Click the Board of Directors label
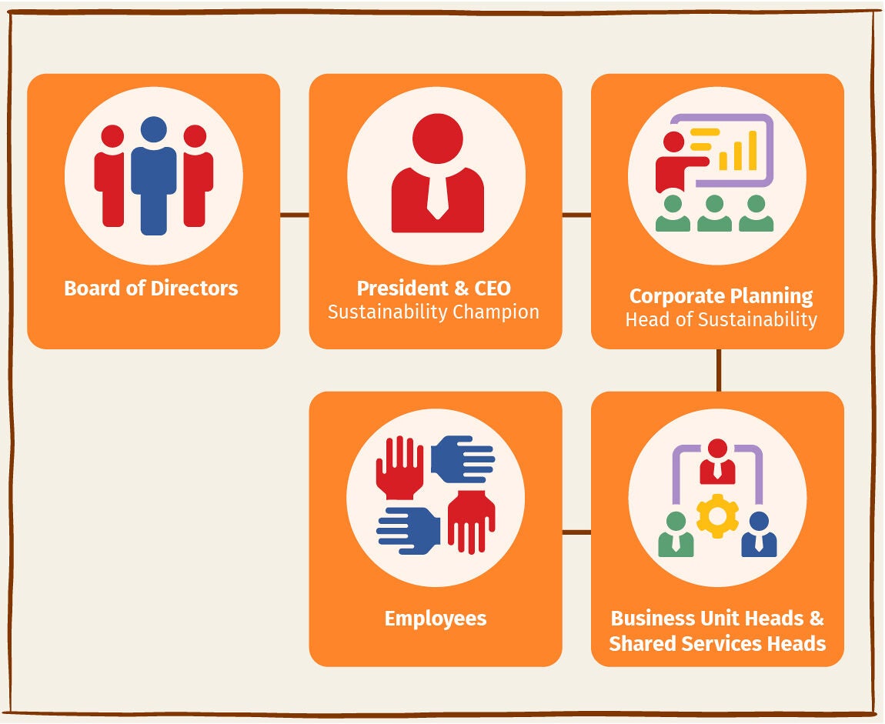[151, 289]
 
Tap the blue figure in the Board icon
[153, 175]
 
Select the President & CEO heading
[433, 289]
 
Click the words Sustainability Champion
[433, 312]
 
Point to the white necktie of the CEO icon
[437, 195]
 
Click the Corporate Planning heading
[721, 296]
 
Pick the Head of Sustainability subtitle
[721, 319]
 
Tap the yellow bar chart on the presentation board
[737, 150]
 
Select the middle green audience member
[714, 213]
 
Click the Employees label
[435, 619]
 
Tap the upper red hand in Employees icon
[399, 467]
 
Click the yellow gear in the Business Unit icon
[717, 515]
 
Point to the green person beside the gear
[676, 535]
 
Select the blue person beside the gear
[759, 535]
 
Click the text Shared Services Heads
[717, 644]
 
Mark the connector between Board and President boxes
[295, 215]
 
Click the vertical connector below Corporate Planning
[719, 370]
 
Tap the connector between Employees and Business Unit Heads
[576, 532]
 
